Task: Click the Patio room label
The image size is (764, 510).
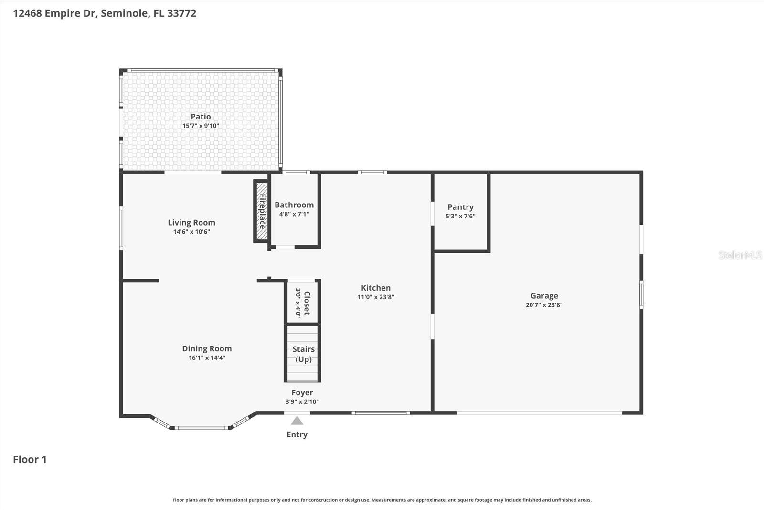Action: [x=201, y=117]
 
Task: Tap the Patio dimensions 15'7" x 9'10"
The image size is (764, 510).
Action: [x=201, y=126]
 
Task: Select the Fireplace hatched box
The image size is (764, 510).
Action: [x=262, y=211]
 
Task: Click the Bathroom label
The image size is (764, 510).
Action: [x=294, y=205]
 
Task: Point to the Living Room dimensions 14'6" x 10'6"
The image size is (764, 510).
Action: [x=191, y=232]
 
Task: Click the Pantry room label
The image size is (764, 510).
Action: [x=460, y=207]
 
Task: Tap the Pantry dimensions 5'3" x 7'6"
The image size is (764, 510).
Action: [x=460, y=216]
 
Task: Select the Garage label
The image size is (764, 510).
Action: [x=544, y=296]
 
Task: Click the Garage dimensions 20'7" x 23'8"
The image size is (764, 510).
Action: [x=544, y=305]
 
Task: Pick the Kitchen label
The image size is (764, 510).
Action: [x=375, y=288]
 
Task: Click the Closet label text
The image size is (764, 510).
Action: [x=307, y=303]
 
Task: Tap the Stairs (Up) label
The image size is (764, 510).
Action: [x=303, y=354]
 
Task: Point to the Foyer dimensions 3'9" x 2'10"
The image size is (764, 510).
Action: [x=302, y=402]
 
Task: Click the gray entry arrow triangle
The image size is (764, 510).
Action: [x=297, y=421]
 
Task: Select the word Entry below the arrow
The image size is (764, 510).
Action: [x=297, y=434]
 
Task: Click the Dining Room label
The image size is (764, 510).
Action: [x=207, y=349]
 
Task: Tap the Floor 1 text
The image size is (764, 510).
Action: [x=30, y=460]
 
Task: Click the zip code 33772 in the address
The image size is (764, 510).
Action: [x=181, y=13]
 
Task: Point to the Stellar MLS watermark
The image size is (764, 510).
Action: [x=740, y=255]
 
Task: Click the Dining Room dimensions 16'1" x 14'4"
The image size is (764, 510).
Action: [x=207, y=358]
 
